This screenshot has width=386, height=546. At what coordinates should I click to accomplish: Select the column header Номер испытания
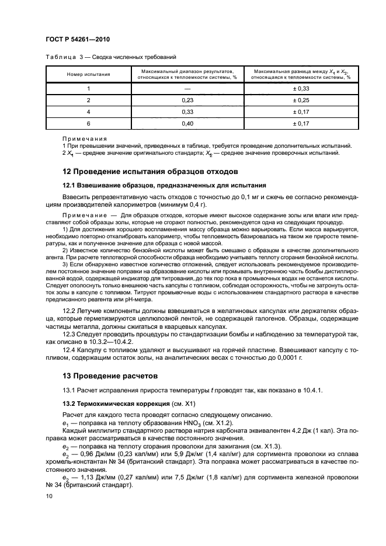click(88, 74)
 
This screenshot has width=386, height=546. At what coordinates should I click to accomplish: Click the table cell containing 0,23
click(187, 100)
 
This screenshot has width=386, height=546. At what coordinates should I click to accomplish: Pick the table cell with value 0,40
click(187, 123)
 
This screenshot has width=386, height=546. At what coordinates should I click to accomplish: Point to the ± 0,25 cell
click(300, 100)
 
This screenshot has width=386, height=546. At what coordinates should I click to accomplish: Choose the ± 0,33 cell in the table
click(300, 88)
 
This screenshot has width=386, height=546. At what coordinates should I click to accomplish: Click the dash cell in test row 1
click(187, 88)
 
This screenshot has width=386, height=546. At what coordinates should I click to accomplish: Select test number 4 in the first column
click(88, 112)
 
